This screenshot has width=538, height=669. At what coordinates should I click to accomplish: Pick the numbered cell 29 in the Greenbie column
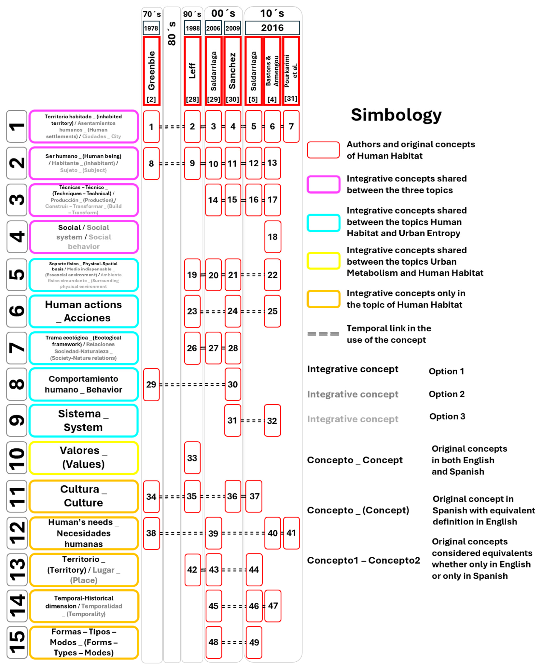(151, 384)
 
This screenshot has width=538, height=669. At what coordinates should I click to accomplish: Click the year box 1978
(151, 28)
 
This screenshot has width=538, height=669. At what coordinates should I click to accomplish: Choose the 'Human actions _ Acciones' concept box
(84, 311)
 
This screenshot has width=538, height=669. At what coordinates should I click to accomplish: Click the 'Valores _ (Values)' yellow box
(84, 457)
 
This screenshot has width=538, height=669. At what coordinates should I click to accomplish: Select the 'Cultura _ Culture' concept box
(84, 496)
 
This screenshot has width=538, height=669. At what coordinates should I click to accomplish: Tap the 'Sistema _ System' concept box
(84, 421)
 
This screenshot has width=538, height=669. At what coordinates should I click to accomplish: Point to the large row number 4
(17, 237)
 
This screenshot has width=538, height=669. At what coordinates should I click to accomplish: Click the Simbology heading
(396, 115)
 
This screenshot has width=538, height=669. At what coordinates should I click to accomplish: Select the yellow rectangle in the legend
(323, 261)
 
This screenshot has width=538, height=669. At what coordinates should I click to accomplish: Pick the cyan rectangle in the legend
(323, 223)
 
